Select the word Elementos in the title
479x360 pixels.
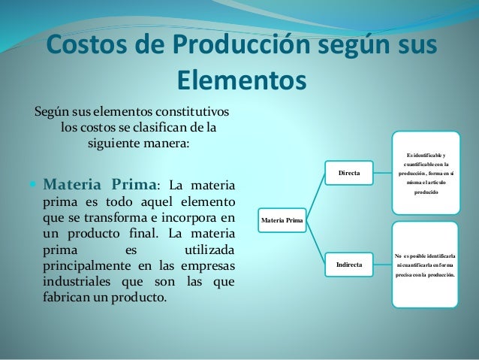[241, 79]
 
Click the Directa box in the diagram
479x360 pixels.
[349, 174]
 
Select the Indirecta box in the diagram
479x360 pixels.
[350, 265]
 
